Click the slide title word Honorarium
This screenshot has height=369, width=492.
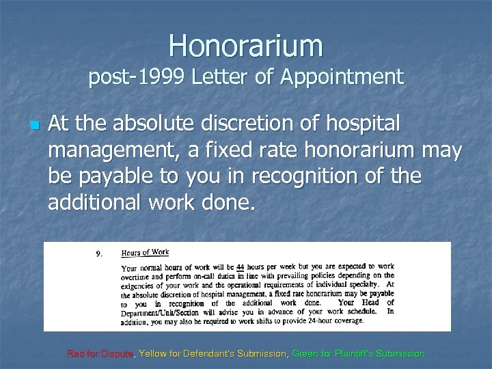(x=246, y=45)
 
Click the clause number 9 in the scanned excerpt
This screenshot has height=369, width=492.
(x=100, y=254)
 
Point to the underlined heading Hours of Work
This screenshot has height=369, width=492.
(x=145, y=252)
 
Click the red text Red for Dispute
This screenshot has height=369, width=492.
(x=100, y=354)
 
